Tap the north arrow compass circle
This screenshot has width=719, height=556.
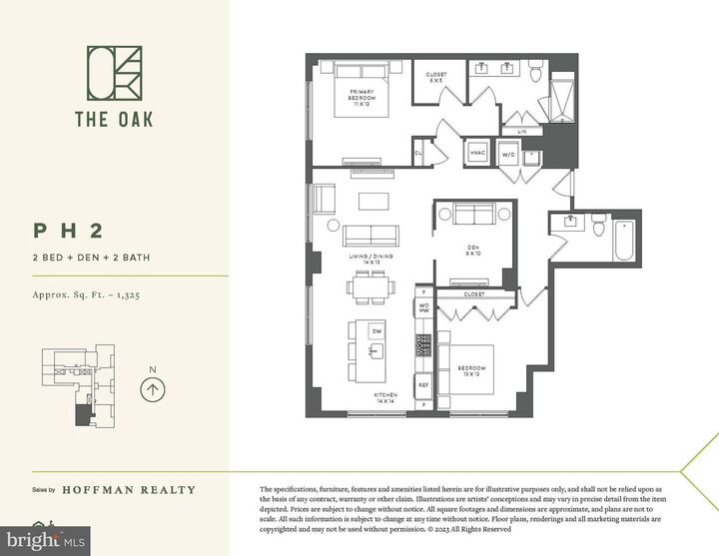(x=152, y=389)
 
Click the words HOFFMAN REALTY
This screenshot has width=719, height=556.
(x=129, y=490)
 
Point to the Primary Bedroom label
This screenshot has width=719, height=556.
(x=360, y=97)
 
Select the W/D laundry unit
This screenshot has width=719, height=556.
(x=507, y=155)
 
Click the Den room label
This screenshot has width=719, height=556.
(x=474, y=253)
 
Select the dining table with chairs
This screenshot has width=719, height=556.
(x=370, y=289)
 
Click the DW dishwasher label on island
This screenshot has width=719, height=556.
(x=375, y=330)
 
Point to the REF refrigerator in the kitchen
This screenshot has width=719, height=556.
(x=423, y=382)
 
